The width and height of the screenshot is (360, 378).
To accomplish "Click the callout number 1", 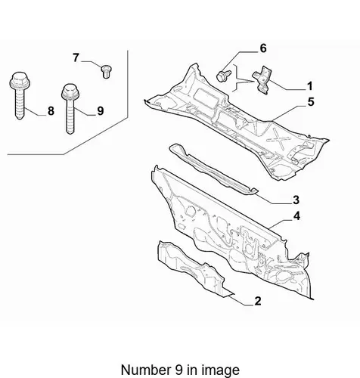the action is pyautogui.click(x=310, y=86).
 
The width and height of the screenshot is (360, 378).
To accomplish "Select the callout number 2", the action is pyautogui.click(x=258, y=301).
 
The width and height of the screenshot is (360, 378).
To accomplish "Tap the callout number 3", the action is pyautogui.click(x=296, y=200).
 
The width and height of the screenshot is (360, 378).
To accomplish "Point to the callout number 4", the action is pyautogui.click(x=296, y=216).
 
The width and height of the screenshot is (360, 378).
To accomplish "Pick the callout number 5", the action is pyautogui.click(x=311, y=102).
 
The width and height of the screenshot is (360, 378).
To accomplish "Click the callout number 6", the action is pyautogui.click(x=263, y=48).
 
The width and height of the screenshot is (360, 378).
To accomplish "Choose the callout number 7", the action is pyautogui.click(x=76, y=57).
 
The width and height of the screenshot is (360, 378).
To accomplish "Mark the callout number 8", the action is pyautogui.click(x=51, y=111).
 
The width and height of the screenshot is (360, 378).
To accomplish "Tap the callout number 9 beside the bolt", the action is pyautogui.click(x=101, y=111).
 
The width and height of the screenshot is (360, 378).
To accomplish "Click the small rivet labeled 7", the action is pyautogui.click(x=107, y=72).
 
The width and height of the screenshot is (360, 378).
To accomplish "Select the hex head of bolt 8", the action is pyautogui.click(x=20, y=80).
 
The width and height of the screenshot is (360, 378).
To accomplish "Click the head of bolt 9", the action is pyautogui.click(x=70, y=91).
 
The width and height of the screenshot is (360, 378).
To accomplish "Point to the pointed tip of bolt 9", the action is pyautogui.click(x=70, y=133).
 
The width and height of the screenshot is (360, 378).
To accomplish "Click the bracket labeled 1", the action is pyautogui.click(x=262, y=80).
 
